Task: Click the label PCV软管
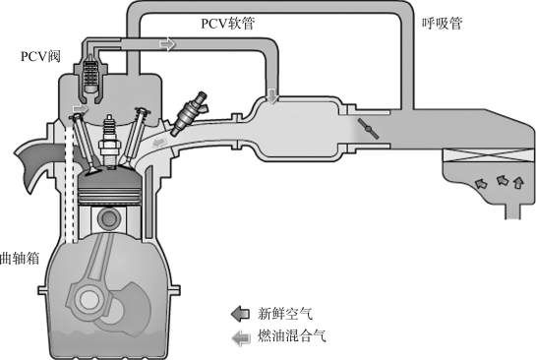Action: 227,24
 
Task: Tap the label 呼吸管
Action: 442,24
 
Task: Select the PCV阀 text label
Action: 40,56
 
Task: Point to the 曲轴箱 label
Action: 20,259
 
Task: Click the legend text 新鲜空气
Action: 285,314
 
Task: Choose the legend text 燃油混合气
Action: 291,336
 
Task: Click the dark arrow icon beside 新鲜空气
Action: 240,314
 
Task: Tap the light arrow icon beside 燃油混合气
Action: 241,337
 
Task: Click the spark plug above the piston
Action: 109,142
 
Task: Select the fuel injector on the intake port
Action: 189,113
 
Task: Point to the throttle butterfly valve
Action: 368,129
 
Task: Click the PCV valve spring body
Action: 90,75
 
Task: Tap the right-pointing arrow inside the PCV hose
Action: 167,44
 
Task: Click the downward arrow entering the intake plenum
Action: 272,95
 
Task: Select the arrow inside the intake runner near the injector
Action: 159,142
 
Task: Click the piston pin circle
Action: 108,218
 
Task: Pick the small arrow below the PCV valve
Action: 80,108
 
